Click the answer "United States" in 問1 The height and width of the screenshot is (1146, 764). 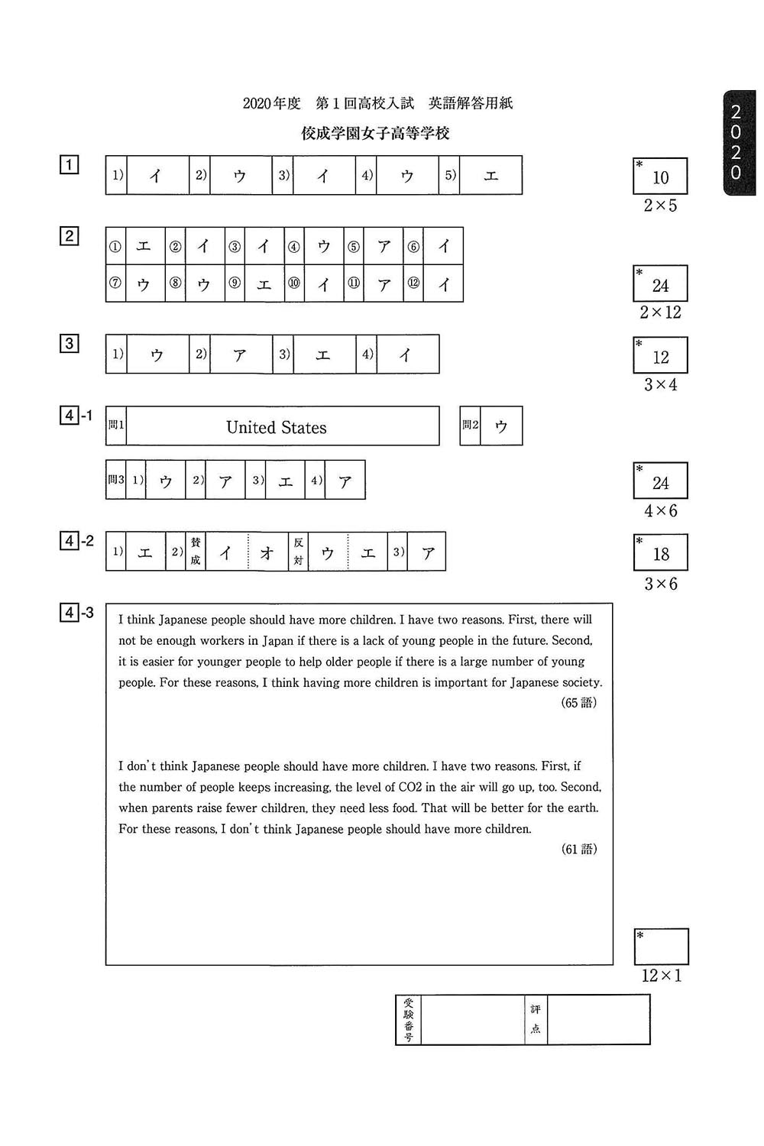pos(276,428)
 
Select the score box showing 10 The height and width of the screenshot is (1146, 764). pos(660,177)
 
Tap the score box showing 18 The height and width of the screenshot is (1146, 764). pos(660,553)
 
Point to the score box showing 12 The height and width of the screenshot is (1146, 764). pos(660,356)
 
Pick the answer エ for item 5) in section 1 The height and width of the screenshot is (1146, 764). pos(490,176)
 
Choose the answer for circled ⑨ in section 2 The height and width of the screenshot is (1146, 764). pos(264,284)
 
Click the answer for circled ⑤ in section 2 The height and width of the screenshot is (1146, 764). pos(384,246)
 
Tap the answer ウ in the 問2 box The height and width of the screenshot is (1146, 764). pos(501,426)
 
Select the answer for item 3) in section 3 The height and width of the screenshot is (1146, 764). pos(323,354)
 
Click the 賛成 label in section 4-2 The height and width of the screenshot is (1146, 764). pos(196,551)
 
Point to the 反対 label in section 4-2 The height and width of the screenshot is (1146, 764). pos(298,551)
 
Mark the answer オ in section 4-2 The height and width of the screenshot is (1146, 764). pos(267,552)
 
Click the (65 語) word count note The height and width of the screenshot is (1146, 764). pos(578,703)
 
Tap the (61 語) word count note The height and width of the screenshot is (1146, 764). pos(578,849)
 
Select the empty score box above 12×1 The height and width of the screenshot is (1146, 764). pos(661,947)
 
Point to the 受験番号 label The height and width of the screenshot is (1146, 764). pos(409,1019)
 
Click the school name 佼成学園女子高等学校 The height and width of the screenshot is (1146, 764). pos(375,134)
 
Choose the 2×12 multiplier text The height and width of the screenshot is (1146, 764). pos(660,312)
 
